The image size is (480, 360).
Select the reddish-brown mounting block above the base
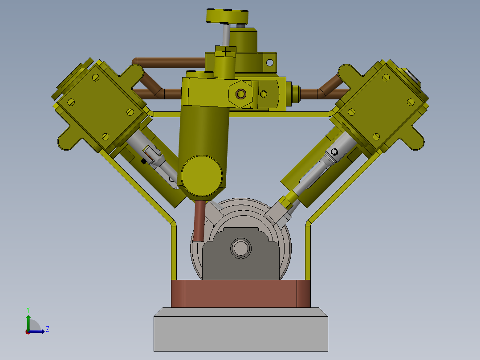click(x=240, y=294)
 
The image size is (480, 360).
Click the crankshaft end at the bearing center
click(x=241, y=249)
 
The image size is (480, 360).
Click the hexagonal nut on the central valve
click(x=241, y=94)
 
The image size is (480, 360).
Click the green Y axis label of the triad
click(x=28, y=309)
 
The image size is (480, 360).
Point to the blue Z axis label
click(x=47, y=329)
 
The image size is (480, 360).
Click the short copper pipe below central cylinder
click(x=199, y=221)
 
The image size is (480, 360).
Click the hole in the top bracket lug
click(x=269, y=62)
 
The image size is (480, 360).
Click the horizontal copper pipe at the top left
click(x=169, y=61)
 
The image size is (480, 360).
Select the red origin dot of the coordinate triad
click(x=28, y=331)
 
